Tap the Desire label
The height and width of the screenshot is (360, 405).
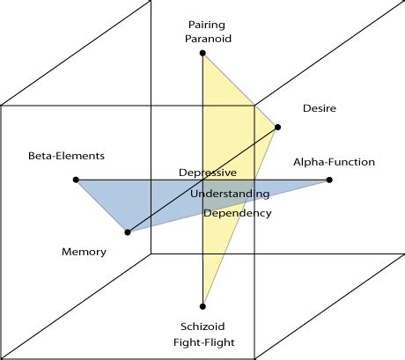[319, 109]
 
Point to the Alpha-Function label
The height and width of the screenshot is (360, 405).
[334, 162]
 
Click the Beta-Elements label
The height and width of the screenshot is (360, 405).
[66, 156]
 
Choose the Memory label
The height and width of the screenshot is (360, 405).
[84, 252]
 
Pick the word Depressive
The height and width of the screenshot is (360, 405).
[208, 173]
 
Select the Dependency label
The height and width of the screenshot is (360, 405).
[238, 213]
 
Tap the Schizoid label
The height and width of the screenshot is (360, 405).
[203, 325]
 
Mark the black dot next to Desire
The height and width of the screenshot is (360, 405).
[278, 127]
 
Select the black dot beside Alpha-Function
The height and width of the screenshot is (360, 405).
[329, 180]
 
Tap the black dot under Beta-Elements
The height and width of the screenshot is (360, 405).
[77, 180]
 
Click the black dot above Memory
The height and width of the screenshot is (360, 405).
[128, 232]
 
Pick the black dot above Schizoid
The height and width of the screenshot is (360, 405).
[203, 306]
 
